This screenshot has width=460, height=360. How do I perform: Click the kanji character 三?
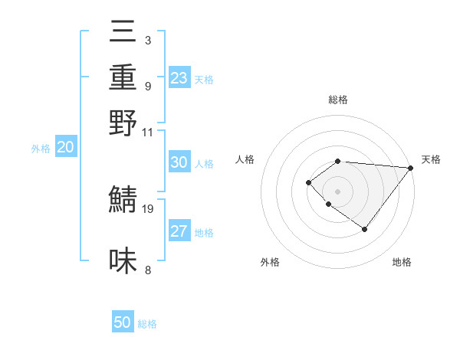point(123,34)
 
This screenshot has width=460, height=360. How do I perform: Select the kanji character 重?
point(123,79)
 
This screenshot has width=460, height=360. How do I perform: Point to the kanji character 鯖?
point(123,200)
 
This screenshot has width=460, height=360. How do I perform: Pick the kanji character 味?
point(123,261)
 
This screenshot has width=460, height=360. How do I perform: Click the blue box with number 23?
point(179,78)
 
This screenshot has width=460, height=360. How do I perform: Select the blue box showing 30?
point(179,163)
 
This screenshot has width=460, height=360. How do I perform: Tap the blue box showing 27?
point(179,232)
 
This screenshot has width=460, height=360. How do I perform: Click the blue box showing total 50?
point(123,322)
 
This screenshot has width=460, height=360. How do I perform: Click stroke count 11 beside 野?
point(147,131)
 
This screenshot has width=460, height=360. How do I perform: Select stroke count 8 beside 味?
point(147,270)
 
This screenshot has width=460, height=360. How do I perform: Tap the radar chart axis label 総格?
point(338,100)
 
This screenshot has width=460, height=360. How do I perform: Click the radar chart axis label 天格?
point(431,159)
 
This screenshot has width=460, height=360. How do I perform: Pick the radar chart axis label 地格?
point(402,262)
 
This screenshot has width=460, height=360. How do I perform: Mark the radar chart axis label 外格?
point(270,262)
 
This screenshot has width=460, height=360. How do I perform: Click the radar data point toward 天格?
point(410,169)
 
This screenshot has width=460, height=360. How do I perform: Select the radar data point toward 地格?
point(364,229)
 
